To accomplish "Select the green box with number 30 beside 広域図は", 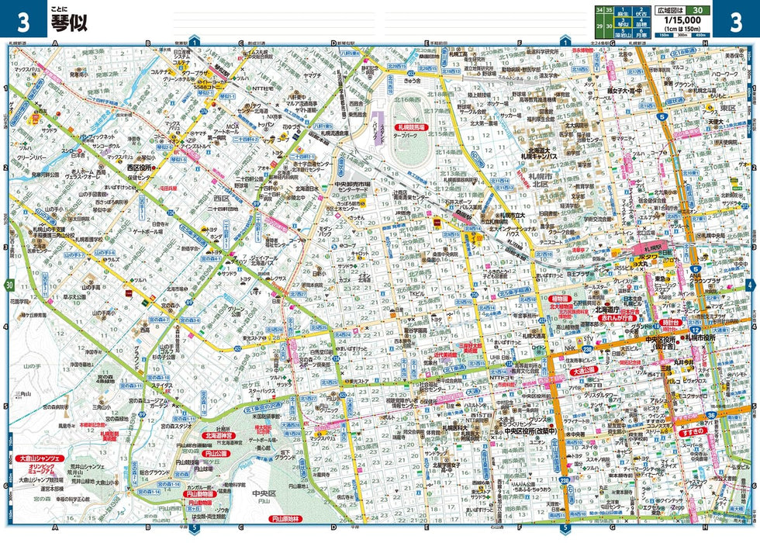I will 697,9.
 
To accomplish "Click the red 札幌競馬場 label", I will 411,126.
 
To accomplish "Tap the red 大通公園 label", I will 587,372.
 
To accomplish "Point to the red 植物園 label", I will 561,298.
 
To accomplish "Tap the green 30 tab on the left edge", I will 9,285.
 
